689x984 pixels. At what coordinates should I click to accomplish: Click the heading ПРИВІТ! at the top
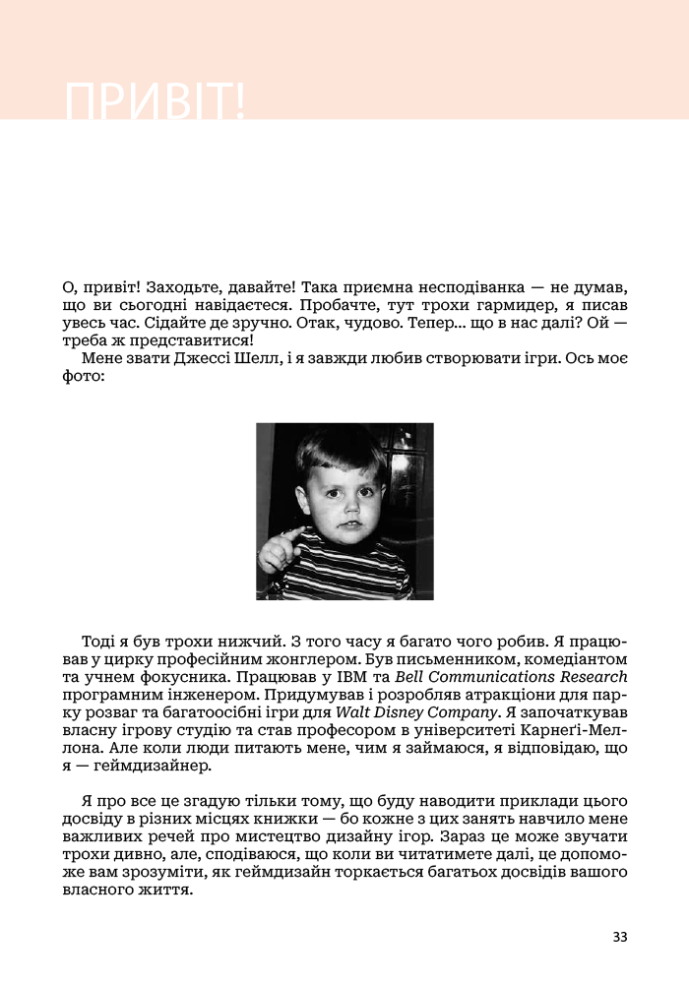[155, 101]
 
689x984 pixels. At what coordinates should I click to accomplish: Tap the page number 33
[619, 936]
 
